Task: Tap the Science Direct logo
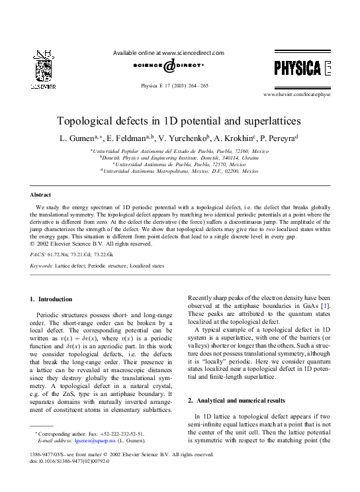point(169,66)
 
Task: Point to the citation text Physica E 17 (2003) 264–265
point(179,85)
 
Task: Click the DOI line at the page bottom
point(70,462)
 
